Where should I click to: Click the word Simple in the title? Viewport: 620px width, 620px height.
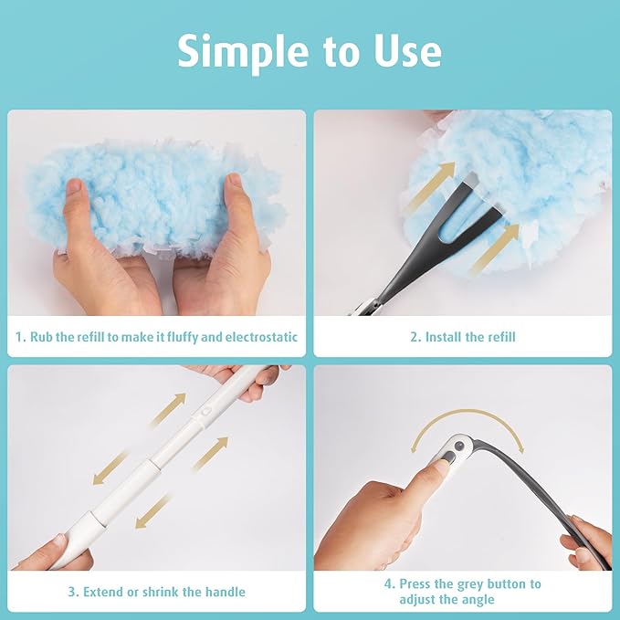click(235, 51)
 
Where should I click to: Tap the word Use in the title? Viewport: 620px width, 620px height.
click(405, 51)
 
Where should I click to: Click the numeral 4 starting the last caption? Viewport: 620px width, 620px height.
click(388, 583)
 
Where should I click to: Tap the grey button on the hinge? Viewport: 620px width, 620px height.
click(453, 449)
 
